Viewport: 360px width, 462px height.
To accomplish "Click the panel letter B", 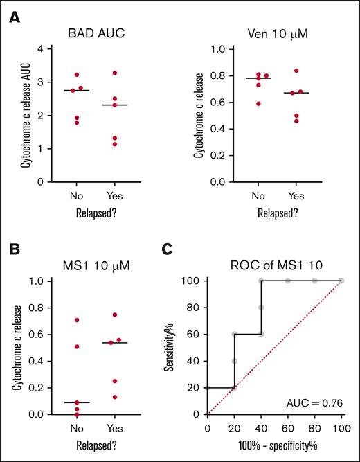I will point(14,249).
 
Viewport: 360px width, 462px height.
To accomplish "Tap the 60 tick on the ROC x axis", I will point(289,427).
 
